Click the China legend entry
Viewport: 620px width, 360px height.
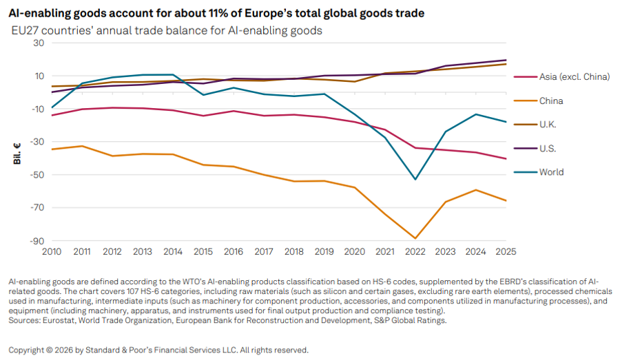pyautogui.click(x=539, y=100)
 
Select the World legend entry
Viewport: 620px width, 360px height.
pyautogui.click(x=539, y=172)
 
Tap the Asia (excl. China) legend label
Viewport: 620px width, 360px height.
pyautogui.click(x=575, y=76)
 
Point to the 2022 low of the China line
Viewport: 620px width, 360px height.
pyautogui.click(x=415, y=238)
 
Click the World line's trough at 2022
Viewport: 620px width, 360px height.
pyautogui.click(x=415, y=180)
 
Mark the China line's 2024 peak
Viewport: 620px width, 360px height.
pyautogui.click(x=475, y=190)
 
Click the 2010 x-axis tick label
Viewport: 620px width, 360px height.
pyautogui.click(x=52, y=252)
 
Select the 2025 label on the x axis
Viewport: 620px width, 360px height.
pyautogui.click(x=506, y=252)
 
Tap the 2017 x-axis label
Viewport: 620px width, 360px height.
pyautogui.click(x=264, y=252)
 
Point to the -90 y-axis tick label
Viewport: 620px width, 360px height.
pyautogui.click(x=37, y=241)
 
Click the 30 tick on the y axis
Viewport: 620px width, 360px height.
pyautogui.click(x=39, y=43)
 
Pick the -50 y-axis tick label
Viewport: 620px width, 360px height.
pyautogui.click(x=37, y=175)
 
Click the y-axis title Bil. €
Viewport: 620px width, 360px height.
pyautogui.click(x=17, y=153)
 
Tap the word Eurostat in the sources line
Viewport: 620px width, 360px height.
pyautogui.click(x=58, y=321)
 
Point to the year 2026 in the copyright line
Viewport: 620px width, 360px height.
pyautogui.click(x=64, y=350)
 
